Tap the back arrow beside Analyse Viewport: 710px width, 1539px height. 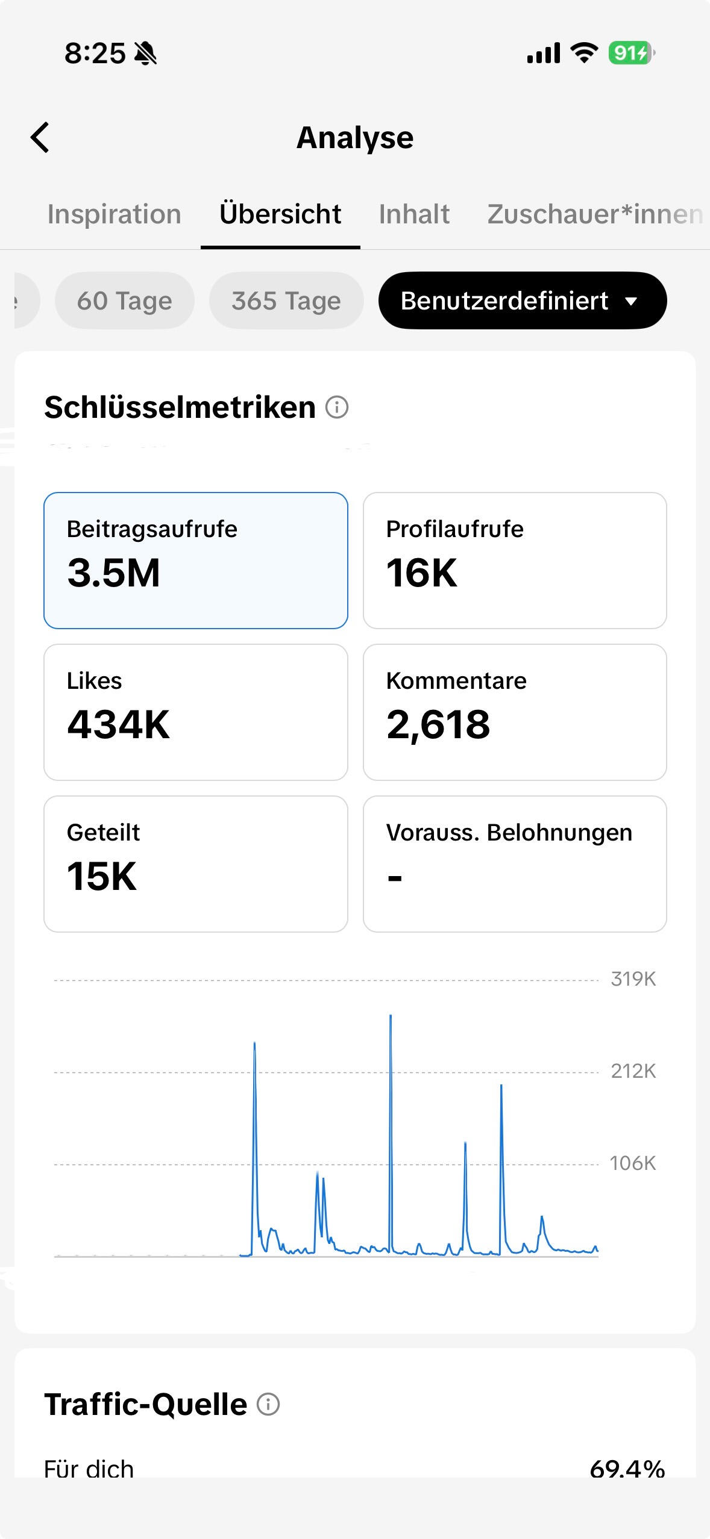(x=40, y=137)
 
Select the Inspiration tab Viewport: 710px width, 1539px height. (x=115, y=214)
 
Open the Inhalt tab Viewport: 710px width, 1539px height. (x=414, y=214)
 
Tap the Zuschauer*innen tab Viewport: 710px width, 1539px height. (x=595, y=214)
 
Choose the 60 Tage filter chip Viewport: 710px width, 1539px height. (x=125, y=300)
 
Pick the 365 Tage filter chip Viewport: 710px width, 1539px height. (x=286, y=300)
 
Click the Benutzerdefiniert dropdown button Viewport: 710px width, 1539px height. (x=523, y=300)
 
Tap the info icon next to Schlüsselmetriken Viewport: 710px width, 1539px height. (x=337, y=408)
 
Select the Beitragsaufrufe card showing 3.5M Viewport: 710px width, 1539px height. (x=196, y=561)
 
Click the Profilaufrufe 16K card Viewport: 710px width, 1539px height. (x=515, y=561)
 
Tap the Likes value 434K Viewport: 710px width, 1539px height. (x=118, y=724)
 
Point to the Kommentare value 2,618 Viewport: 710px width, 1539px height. (x=438, y=724)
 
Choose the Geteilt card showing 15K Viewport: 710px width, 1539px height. (x=196, y=864)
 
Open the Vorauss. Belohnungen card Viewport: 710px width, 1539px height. (x=515, y=864)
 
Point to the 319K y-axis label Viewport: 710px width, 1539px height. (x=633, y=979)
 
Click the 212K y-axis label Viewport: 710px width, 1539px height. (x=633, y=1071)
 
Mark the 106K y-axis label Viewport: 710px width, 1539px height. (x=633, y=1163)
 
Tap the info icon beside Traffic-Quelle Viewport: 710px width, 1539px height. (x=268, y=1405)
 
